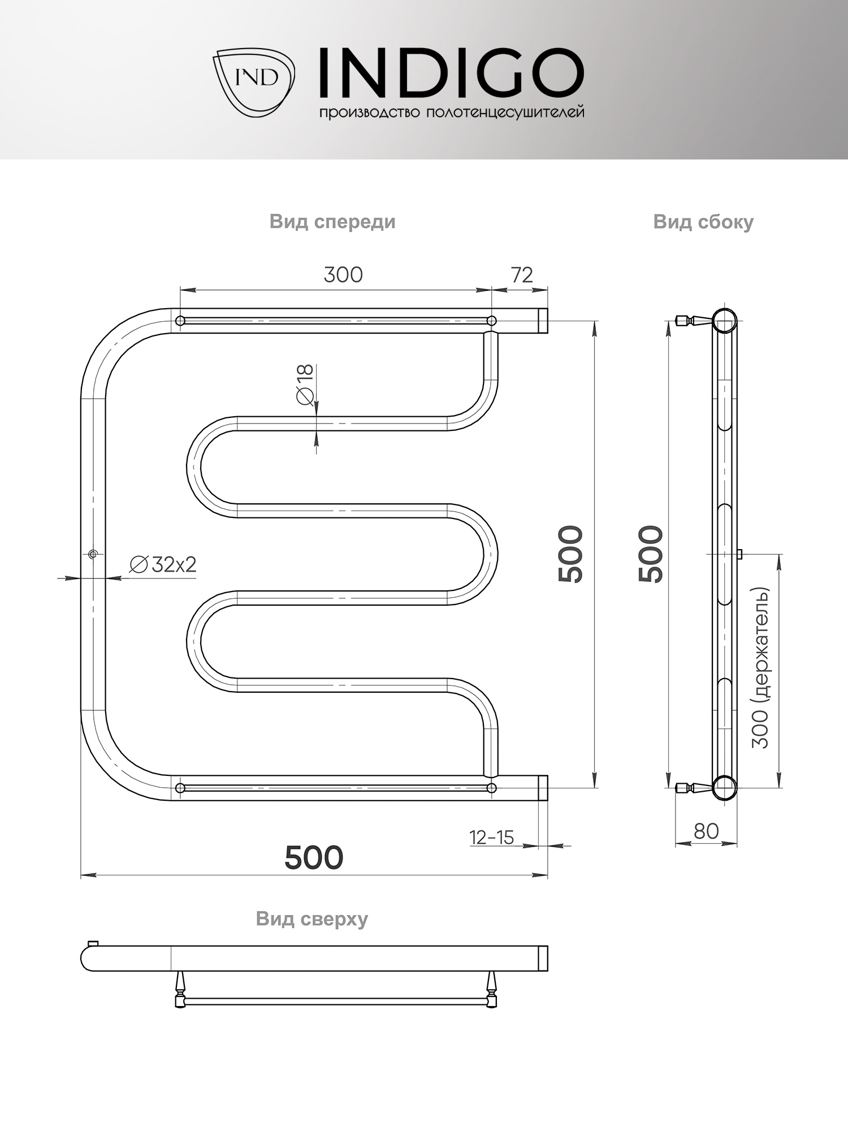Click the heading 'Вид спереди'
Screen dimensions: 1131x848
(x=332, y=222)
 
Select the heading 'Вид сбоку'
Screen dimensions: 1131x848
(x=703, y=222)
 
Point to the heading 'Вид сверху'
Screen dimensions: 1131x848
(x=311, y=918)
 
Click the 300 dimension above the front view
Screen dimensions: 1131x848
(x=343, y=275)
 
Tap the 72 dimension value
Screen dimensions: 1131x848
(x=522, y=275)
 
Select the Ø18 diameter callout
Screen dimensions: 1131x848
(x=305, y=385)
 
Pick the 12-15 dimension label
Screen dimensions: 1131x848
(x=491, y=837)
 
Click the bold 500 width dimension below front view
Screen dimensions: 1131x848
(x=314, y=857)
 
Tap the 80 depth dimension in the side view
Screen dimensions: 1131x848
(x=706, y=831)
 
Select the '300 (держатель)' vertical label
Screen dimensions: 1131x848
(x=761, y=667)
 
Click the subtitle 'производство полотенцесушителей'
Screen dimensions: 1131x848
(x=451, y=113)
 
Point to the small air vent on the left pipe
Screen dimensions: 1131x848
(x=93, y=554)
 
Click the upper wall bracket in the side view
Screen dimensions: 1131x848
(x=691, y=321)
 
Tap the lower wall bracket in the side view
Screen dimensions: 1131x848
(x=691, y=787)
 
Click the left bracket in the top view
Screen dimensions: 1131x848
(x=180, y=989)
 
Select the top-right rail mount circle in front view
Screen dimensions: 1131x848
(x=492, y=321)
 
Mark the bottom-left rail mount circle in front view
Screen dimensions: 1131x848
(x=180, y=788)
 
